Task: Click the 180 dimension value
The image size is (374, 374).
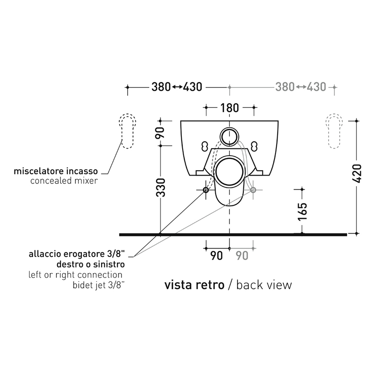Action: coord(229,108)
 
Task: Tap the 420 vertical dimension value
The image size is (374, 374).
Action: coord(357,173)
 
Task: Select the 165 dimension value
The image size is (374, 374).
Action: coord(302,212)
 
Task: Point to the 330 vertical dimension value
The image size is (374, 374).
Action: coord(161,188)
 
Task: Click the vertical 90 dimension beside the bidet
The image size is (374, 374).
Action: coord(160,133)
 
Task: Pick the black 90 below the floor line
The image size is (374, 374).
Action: coord(216,256)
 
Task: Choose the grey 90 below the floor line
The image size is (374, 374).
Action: coord(242,256)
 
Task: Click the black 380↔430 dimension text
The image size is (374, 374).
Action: coord(177,87)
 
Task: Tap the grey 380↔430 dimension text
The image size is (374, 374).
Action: coord(301,87)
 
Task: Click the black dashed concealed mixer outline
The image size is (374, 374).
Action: coord(127,131)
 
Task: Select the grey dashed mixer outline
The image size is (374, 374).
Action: coord(334,131)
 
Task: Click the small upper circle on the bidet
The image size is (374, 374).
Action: coord(229,137)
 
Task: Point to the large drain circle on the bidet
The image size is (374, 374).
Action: coord(229,172)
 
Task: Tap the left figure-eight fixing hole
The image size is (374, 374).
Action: coord(205,146)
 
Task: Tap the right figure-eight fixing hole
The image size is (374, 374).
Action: coord(254,146)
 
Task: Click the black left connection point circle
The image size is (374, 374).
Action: coord(205,190)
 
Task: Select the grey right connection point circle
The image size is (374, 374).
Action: coord(253,190)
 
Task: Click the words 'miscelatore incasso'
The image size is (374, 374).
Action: coord(56,171)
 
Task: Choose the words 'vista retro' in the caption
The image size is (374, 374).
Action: coord(194,285)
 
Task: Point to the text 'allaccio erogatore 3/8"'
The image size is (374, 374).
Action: coord(77,254)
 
